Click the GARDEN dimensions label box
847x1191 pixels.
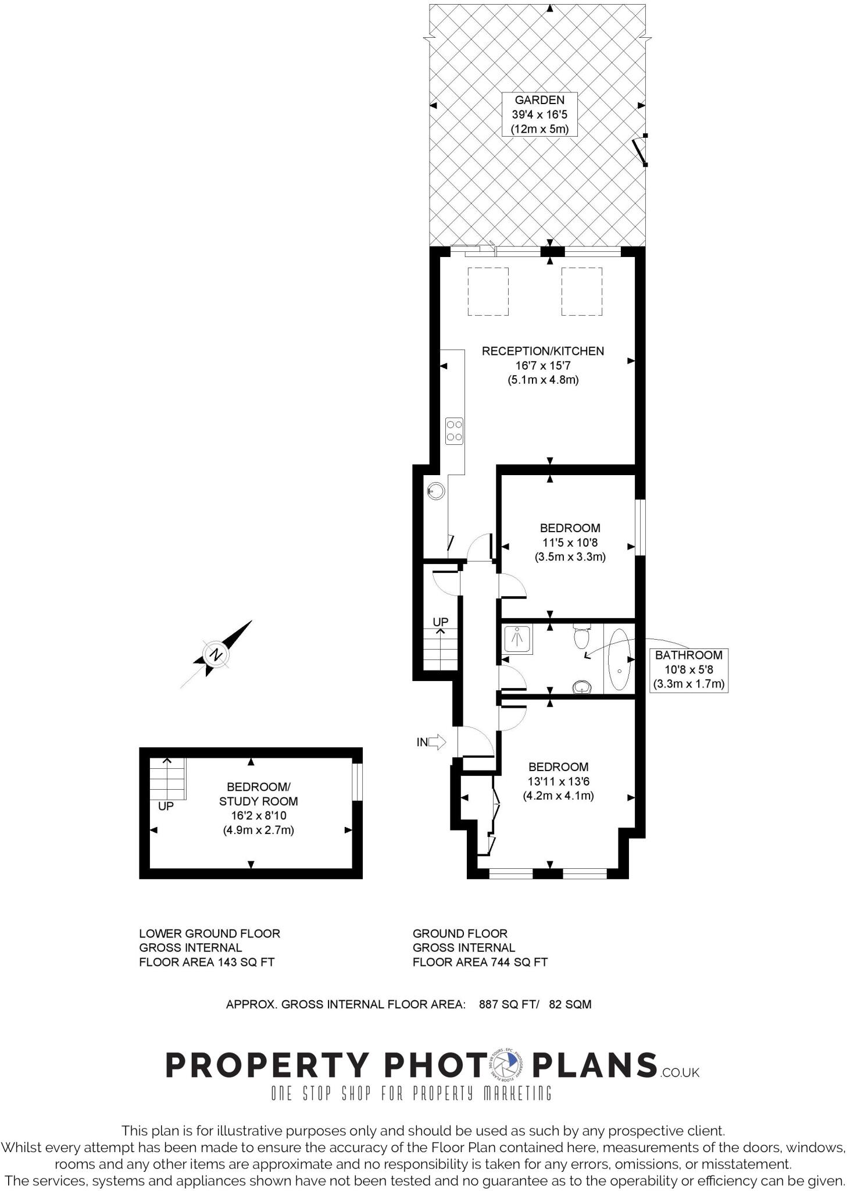[x=539, y=115]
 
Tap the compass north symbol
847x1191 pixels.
[x=216, y=654]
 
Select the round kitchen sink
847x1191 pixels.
[x=436, y=491]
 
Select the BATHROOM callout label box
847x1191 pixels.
[x=688, y=669]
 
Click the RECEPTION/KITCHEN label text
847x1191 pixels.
[x=542, y=351]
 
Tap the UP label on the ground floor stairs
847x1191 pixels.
[x=441, y=622]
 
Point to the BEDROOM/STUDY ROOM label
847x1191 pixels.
[x=258, y=794]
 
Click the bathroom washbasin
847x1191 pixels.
[x=581, y=687]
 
